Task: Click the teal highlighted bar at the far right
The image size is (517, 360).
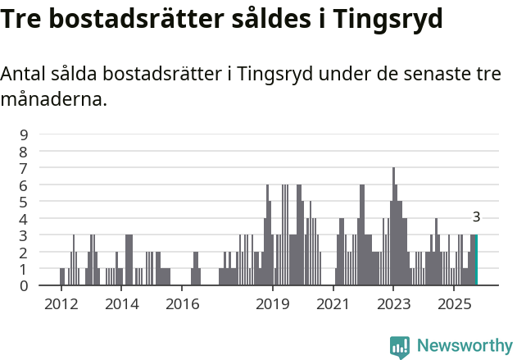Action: (x=476, y=260)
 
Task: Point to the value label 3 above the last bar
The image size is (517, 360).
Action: (x=476, y=217)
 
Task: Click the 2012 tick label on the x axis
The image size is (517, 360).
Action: (x=61, y=304)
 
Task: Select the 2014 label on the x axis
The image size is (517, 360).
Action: (x=121, y=304)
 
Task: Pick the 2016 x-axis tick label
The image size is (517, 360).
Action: (x=182, y=304)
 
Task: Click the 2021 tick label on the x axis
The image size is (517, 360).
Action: (x=333, y=304)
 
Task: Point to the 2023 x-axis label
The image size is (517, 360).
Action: (x=393, y=304)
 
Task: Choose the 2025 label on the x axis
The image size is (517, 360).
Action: (x=454, y=304)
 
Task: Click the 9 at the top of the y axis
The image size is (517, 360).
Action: (x=24, y=134)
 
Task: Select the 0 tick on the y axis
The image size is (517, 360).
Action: (x=24, y=285)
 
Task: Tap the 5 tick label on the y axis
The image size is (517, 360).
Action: (x=24, y=202)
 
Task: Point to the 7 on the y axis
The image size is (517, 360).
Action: (x=24, y=168)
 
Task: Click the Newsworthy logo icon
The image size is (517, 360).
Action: (x=400, y=346)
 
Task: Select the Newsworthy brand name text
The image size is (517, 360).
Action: (x=464, y=346)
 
